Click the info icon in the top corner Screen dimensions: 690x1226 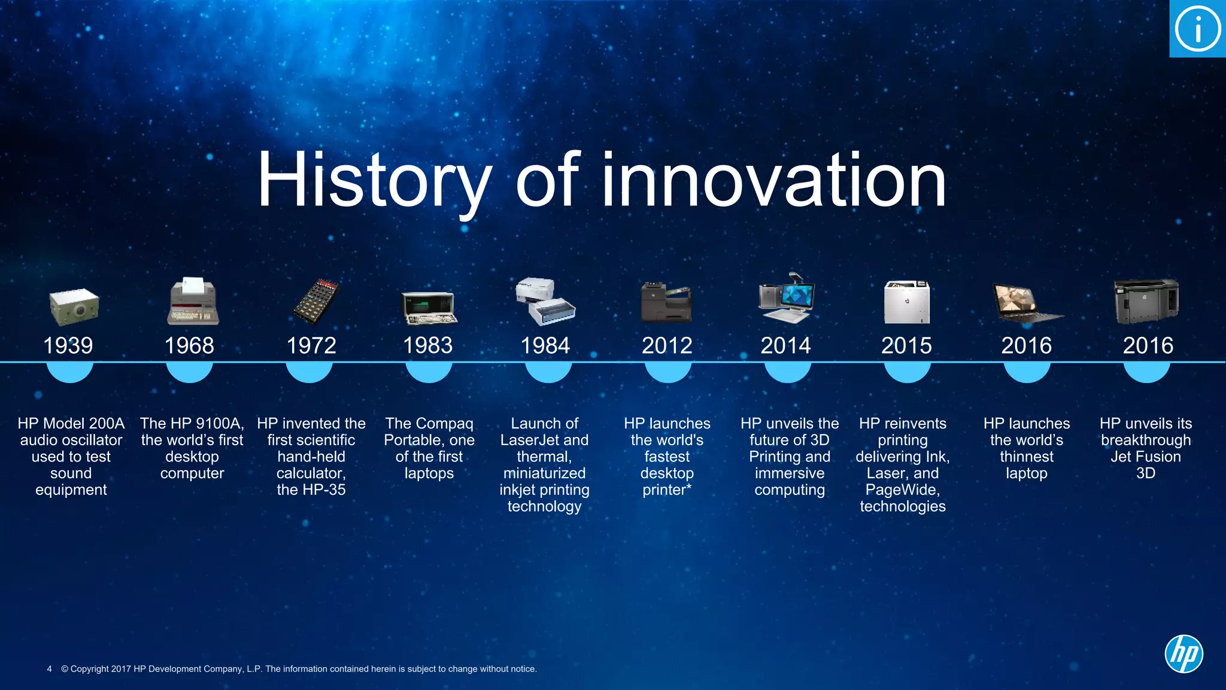1197,29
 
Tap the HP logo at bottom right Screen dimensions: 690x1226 1183,653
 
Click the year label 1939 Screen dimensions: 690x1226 68,345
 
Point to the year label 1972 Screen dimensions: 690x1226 311,345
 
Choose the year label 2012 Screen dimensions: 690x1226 667,345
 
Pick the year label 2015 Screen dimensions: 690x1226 906,345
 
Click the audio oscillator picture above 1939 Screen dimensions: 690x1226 74,306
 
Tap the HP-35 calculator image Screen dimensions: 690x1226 315,301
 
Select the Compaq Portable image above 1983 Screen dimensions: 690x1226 429,308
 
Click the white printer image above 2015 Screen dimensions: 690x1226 907,302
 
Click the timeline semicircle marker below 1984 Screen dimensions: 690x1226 548,372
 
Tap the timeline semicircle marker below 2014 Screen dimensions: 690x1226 787,372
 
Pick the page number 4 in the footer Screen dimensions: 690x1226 49,668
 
